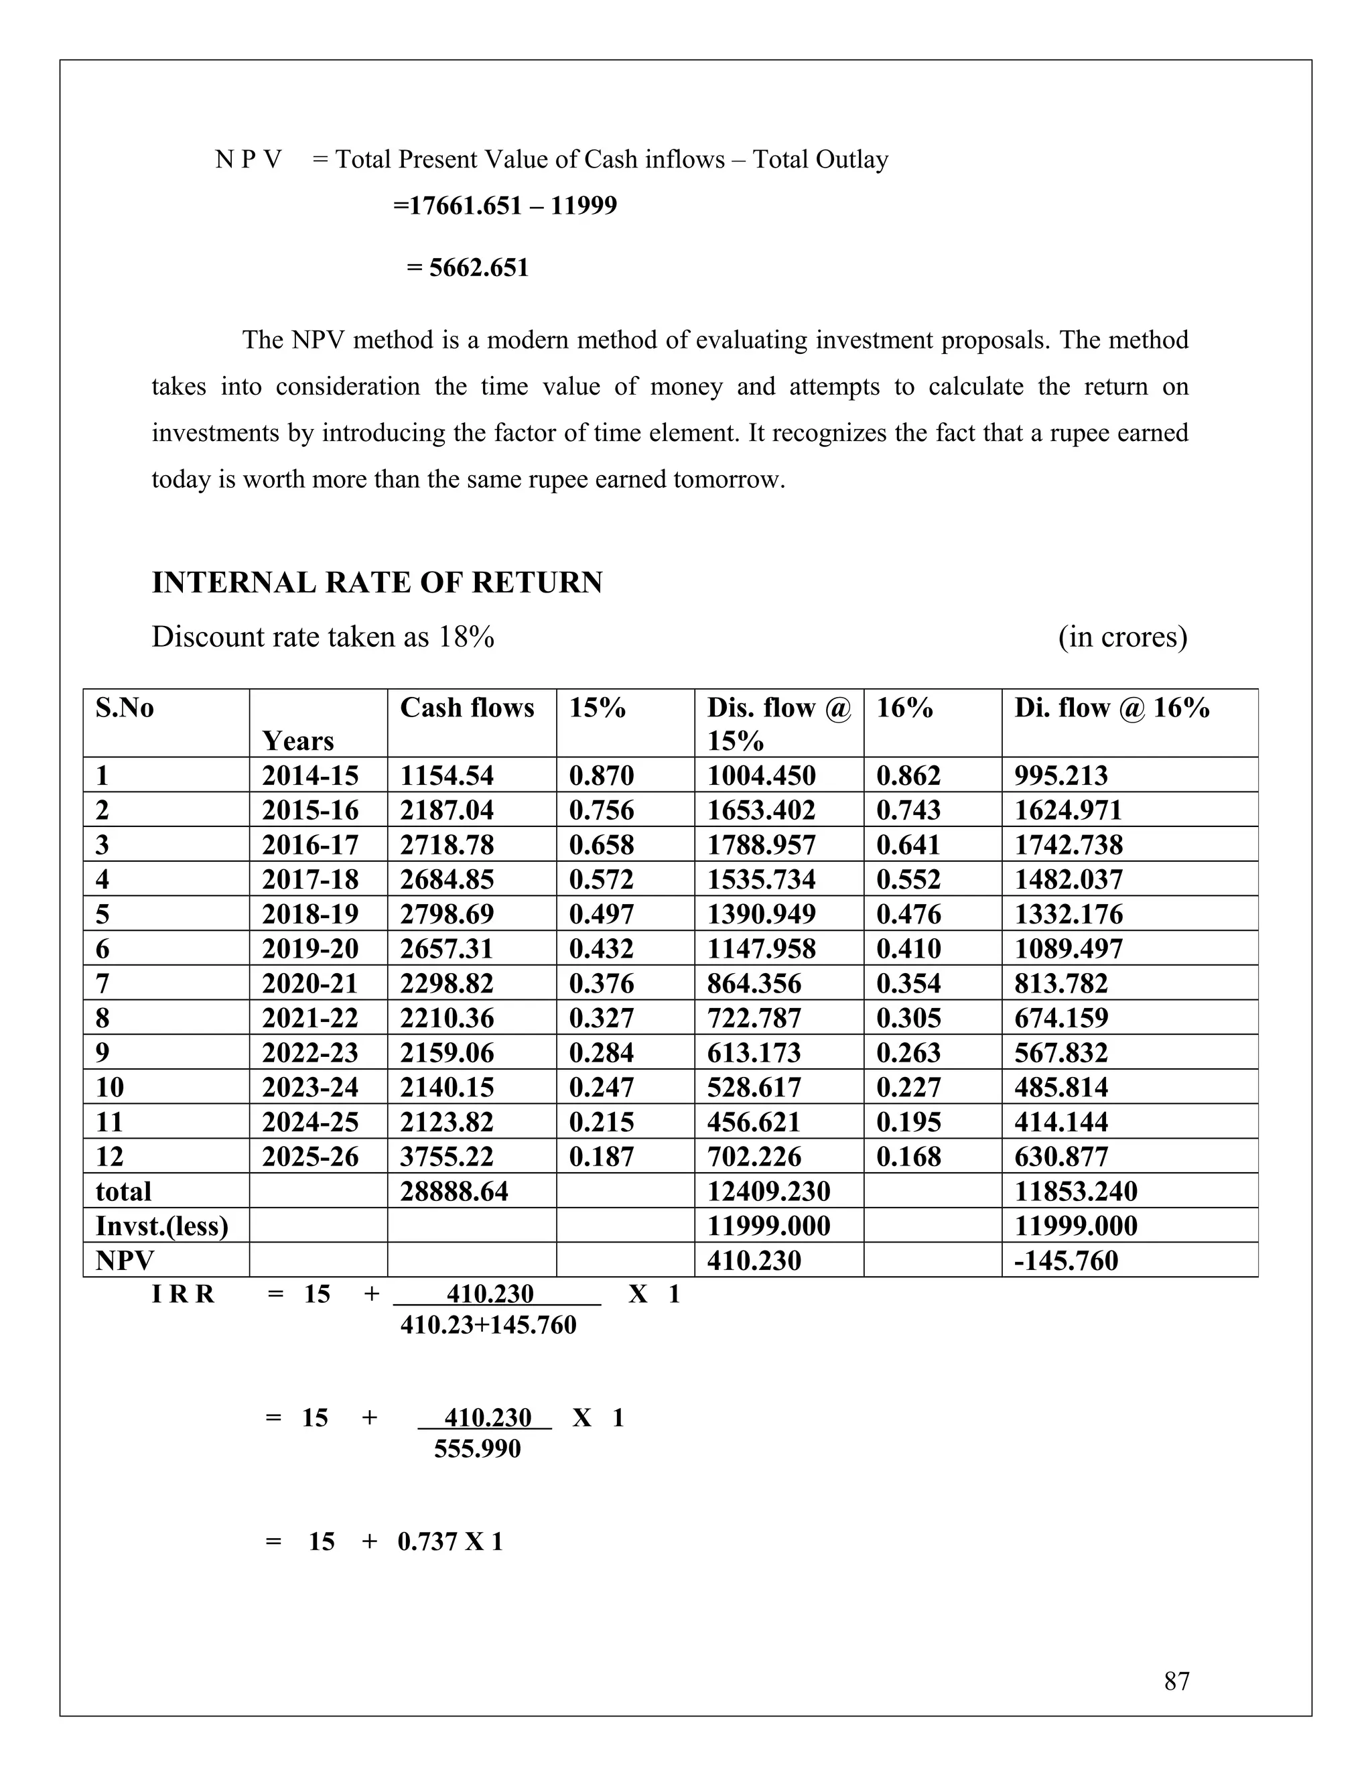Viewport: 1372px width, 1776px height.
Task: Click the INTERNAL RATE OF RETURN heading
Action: (x=377, y=583)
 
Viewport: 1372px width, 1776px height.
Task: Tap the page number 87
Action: (x=1176, y=1681)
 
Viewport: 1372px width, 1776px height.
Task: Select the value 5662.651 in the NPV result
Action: (x=479, y=267)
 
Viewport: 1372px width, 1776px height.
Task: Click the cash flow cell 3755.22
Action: (x=446, y=1156)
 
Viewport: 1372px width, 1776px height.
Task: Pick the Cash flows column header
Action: (x=466, y=708)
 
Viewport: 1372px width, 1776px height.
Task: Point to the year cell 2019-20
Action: (x=310, y=948)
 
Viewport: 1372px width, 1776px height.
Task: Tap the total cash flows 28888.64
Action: (x=454, y=1192)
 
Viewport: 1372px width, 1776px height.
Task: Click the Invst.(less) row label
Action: (x=161, y=1226)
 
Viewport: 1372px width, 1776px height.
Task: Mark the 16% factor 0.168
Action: (x=908, y=1156)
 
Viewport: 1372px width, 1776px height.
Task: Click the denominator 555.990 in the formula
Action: (x=477, y=1448)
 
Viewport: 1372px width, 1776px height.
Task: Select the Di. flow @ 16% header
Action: (x=1111, y=708)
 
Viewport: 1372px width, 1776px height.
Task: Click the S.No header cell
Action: (x=125, y=708)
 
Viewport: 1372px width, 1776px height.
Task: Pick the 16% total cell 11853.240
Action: (x=1075, y=1192)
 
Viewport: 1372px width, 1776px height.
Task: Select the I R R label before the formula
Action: (x=183, y=1293)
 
